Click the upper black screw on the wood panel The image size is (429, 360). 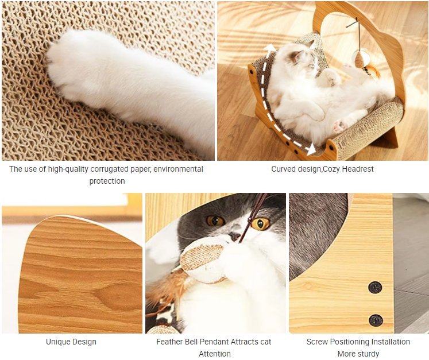pyautogui.click(x=375, y=288)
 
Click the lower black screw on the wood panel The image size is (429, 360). pyautogui.click(x=376, y=320)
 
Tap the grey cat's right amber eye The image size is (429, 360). pyautogui.click(x=260, y=224)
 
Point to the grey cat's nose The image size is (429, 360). pyautogui.click(x=234, y=236)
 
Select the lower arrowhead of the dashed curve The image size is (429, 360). pyautogui.click(x=311, y=149)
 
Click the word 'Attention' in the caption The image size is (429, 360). pyautogui.click(x=215, y=354)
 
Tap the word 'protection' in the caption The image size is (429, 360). pyautogui.click(x=107, y=181)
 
